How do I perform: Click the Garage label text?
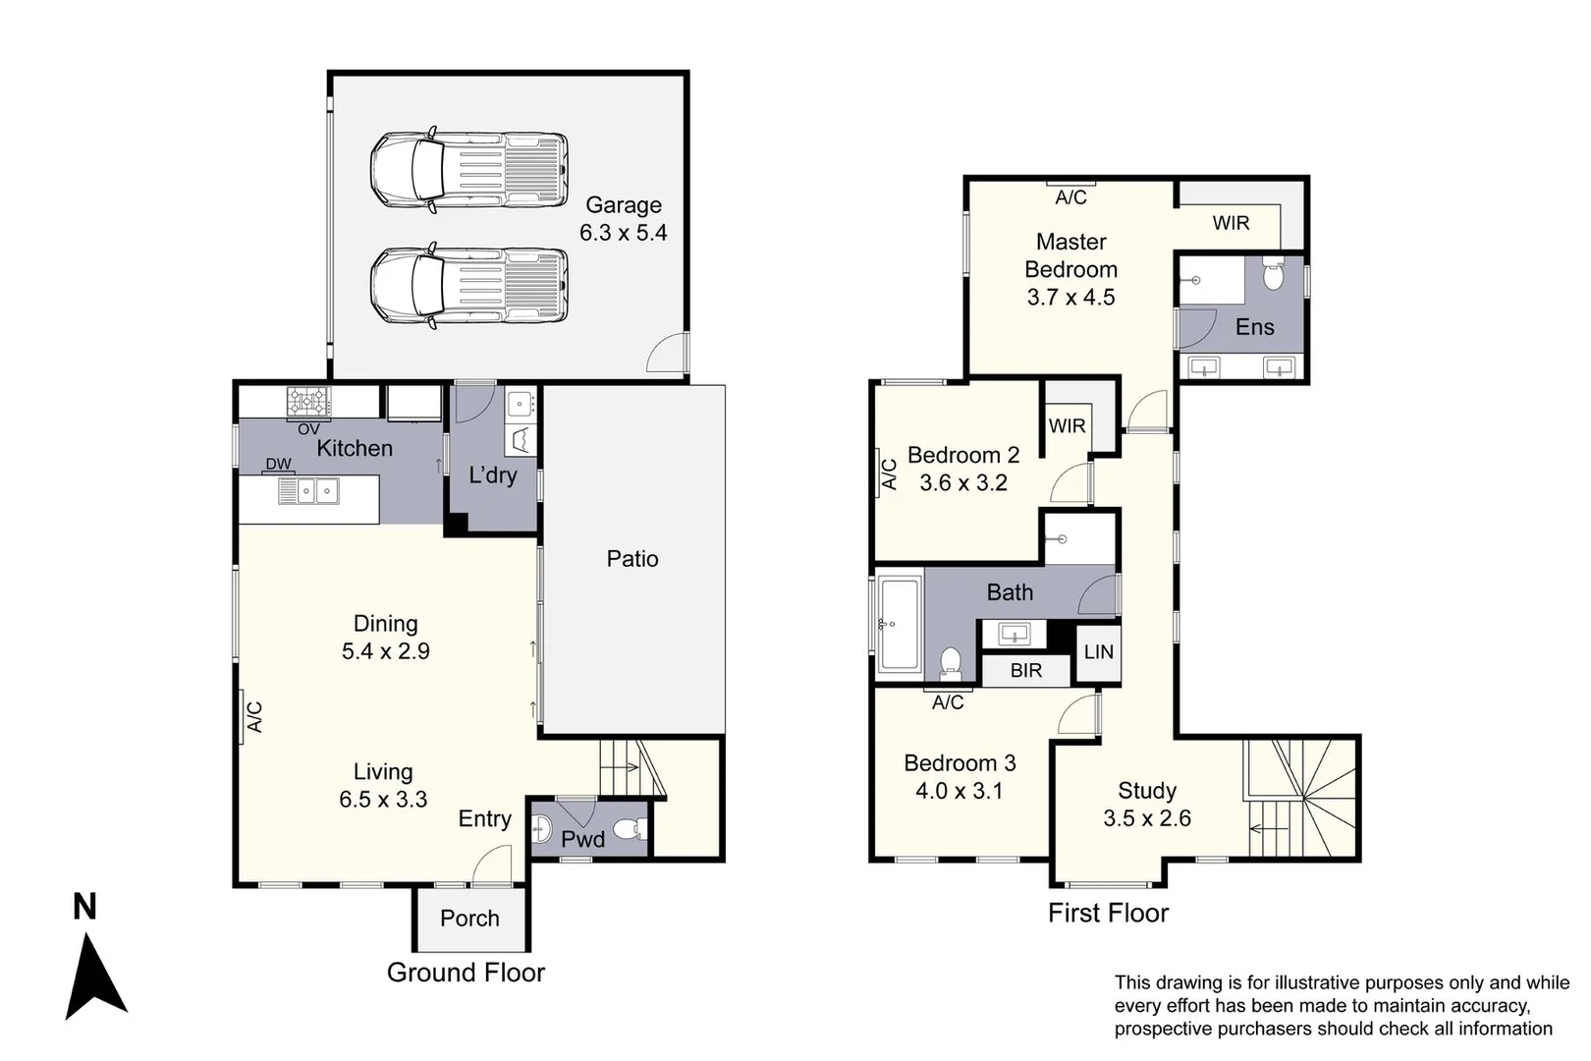(x=624, y=205)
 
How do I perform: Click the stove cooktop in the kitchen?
(x=308, y=401)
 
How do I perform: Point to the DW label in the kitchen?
(x=278, y=464)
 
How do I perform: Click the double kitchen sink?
(x=318, y=490)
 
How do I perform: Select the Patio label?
(x=632, y=559)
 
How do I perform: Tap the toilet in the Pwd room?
(x=631, y=830)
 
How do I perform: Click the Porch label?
(x=469, y=919)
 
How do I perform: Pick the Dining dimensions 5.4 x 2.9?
(x=386, y=651)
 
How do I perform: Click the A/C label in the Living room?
(x=254, y=717)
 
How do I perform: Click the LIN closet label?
(x=1099, y=652)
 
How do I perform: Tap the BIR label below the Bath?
(x=1026, y=671)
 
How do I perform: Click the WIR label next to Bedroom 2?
(x=1067, y=426)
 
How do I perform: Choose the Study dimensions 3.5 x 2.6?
(x=1147, y=818)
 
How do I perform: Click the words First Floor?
(x=1108, y=913)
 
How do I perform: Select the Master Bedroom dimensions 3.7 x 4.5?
(x=1070, y=298)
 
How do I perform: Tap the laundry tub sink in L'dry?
(x=521, y=404)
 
